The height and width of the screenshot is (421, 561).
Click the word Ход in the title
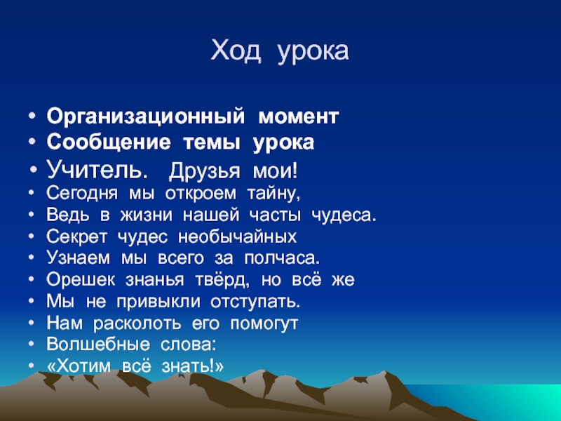click(236, 51)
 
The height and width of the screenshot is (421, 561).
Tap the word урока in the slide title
click(313, 53)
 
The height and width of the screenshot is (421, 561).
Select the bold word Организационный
click(146, 117)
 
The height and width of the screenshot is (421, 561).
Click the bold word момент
click(299, 116)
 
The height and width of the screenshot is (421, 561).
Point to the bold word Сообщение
click(109, 142)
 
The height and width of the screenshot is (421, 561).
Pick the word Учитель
click(97, 169)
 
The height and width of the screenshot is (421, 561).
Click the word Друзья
click(204, 171)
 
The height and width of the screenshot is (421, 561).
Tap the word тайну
click(273, 194)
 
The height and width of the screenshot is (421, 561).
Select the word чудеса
click(344, 215)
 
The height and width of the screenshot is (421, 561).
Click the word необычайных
click(237, 237)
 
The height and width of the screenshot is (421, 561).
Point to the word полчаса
click(282, 258)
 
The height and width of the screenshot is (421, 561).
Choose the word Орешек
click(81, 280)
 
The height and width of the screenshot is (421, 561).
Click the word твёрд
click(222, 280)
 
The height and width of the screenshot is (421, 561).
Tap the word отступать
click(255, 302)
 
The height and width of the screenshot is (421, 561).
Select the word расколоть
click(137, 324)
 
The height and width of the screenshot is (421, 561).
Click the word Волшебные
click(98, 345)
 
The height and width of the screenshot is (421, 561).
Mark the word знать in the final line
click(187, 366)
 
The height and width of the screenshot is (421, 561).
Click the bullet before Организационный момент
click(32, 116)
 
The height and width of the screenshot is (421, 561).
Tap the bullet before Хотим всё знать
click(32, 366)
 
